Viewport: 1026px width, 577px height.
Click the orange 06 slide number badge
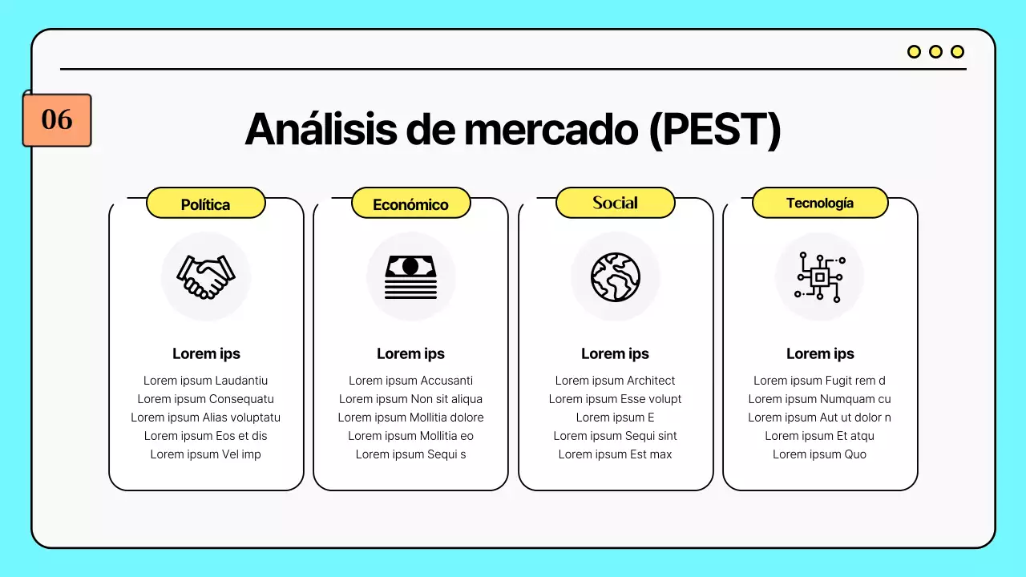[x=57, y=120]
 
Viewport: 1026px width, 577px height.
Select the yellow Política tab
[x=205, y=204]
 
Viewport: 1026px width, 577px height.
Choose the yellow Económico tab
[x=410, y=204]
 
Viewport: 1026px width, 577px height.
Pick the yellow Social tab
[x=615, y=203]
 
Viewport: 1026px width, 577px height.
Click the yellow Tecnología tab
[x=819, y=203]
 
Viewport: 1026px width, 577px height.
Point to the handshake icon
[x=206, y=276]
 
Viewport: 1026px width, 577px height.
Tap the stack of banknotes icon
[x=410, y=276]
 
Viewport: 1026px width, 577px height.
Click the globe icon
[x=616, y=276]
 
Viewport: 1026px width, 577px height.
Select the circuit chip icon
[x=819, y=276]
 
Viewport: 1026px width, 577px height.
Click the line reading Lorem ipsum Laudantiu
[x=206, y=381]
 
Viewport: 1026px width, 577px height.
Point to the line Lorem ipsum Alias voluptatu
[x=206, y=418]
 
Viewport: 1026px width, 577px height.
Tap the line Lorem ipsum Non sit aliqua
[x=410, y=399]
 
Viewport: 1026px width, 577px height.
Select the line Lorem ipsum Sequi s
[x=410, y=454]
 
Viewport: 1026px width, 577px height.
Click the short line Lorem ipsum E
[x=616, y=418]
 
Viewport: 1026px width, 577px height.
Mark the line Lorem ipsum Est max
[x=616, y=454]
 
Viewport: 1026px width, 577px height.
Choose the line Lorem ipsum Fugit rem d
[x=819, y=381]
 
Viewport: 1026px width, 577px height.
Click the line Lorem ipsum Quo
[x=819, y=454]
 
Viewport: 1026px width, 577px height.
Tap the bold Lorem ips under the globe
[x=616, y=353]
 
